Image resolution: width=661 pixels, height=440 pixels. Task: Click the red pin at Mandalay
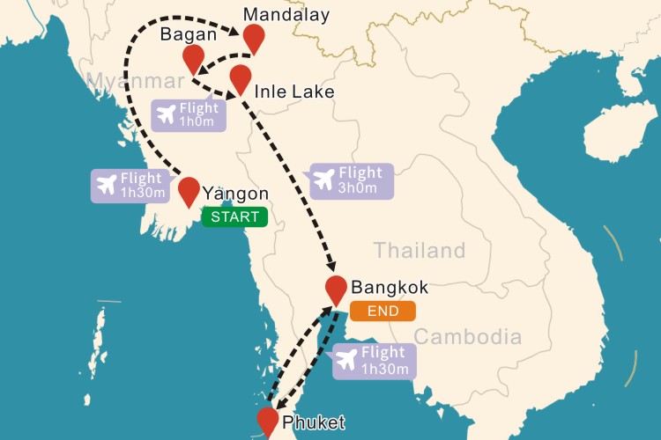[254, 37]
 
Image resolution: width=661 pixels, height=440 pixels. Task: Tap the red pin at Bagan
[193, 58]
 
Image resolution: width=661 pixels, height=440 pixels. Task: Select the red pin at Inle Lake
[240, 77]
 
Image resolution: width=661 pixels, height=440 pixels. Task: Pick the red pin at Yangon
[189, 189]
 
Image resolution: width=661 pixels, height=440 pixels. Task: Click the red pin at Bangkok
[336, 287]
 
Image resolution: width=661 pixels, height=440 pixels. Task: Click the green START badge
[234, 216]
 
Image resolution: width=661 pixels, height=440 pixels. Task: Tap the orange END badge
[382, 311]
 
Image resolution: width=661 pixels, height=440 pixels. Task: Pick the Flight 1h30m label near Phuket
[372, 361]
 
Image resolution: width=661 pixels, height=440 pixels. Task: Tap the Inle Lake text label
[293, 91]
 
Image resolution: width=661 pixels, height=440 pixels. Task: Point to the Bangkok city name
[390, 287]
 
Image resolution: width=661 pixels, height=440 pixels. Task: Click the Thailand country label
[420, 250]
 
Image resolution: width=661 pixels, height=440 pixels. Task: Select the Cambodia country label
[467, 336]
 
